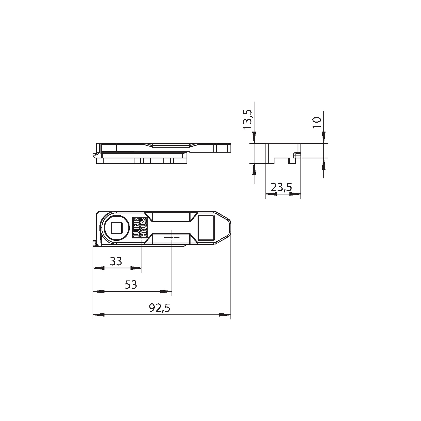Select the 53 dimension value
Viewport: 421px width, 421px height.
tap(131, 285)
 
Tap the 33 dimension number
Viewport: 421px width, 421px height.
tap(116, 261)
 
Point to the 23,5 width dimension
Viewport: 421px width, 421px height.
tap(282, 187)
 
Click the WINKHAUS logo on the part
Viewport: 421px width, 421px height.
tap(140, 228)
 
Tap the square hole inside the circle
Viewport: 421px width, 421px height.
tap(116, 228)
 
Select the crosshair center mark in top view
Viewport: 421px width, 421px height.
tap(172, 237)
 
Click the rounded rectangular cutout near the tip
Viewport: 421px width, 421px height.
tap(206, 228)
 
